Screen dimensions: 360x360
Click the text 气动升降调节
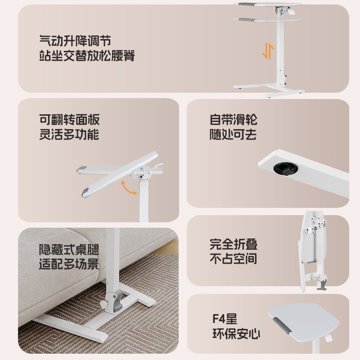coord(75,41)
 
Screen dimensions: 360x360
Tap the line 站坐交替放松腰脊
coord(87,57)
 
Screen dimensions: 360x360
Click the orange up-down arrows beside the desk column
coord(267,51)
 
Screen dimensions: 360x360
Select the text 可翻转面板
coord(69,120)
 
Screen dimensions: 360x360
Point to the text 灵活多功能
coord(69,135)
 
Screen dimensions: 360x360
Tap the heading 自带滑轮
coord(234,120)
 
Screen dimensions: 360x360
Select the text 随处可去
coord(234,135)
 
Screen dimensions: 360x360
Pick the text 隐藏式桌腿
coord(69,249)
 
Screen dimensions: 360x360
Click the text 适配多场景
coord(69,264)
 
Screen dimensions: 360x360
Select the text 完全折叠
coord(234,244)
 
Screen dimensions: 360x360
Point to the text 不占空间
coord(234,259)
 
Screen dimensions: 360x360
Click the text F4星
coord(225,321)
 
